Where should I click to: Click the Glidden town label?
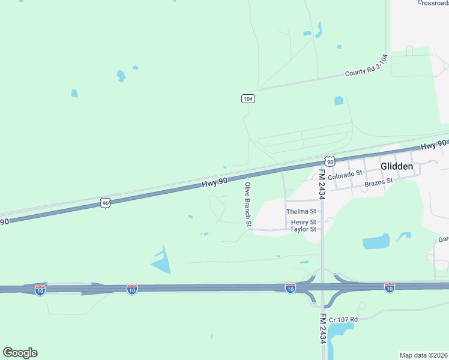[x=397, y=166]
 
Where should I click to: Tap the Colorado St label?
[x=346, y=172]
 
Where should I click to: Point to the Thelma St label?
[x=301, y=212]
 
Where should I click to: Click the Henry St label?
[x=303, y=222]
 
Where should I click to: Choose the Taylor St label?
[x=303, y=229]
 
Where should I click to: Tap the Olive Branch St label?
[x=247, y=205]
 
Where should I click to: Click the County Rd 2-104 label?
[x=366, y=65]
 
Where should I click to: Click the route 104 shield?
[x=249, y=98]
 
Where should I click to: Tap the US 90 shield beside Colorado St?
[x=330, y=161]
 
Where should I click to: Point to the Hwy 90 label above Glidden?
[x=433, y=145]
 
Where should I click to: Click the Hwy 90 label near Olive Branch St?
[x=215, y=184]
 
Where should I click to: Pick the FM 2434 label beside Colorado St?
[x=322, y=184]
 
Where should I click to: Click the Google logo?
[x=20, y=353]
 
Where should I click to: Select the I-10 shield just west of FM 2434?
[x=291, y=289]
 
